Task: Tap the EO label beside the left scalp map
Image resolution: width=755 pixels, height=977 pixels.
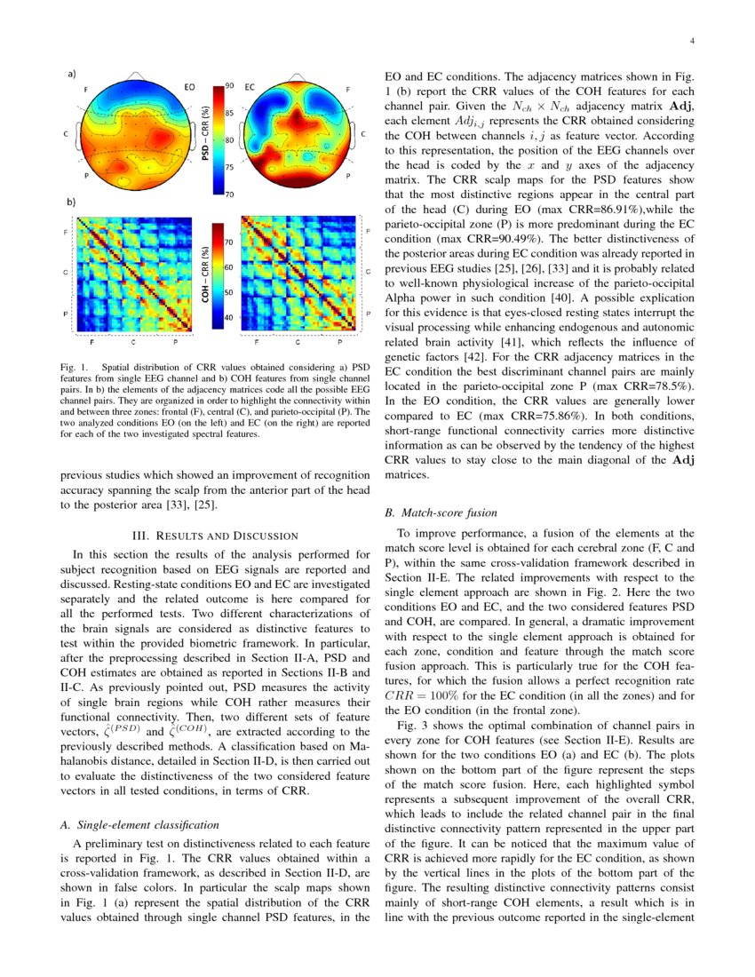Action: [189, 88]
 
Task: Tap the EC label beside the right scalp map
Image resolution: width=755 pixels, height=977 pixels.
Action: [250, 88]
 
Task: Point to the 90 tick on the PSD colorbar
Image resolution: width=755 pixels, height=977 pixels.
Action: [229, 85]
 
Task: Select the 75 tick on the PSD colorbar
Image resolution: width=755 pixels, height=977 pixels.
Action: [229, 167]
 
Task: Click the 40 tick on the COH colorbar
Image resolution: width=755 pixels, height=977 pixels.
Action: [228, 317]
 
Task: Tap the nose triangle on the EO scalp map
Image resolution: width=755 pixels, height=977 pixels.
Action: [133, 75]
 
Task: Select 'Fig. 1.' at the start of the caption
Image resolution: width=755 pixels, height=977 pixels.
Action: [74, 366]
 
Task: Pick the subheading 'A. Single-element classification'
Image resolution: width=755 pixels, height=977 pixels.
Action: [132, 825]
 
